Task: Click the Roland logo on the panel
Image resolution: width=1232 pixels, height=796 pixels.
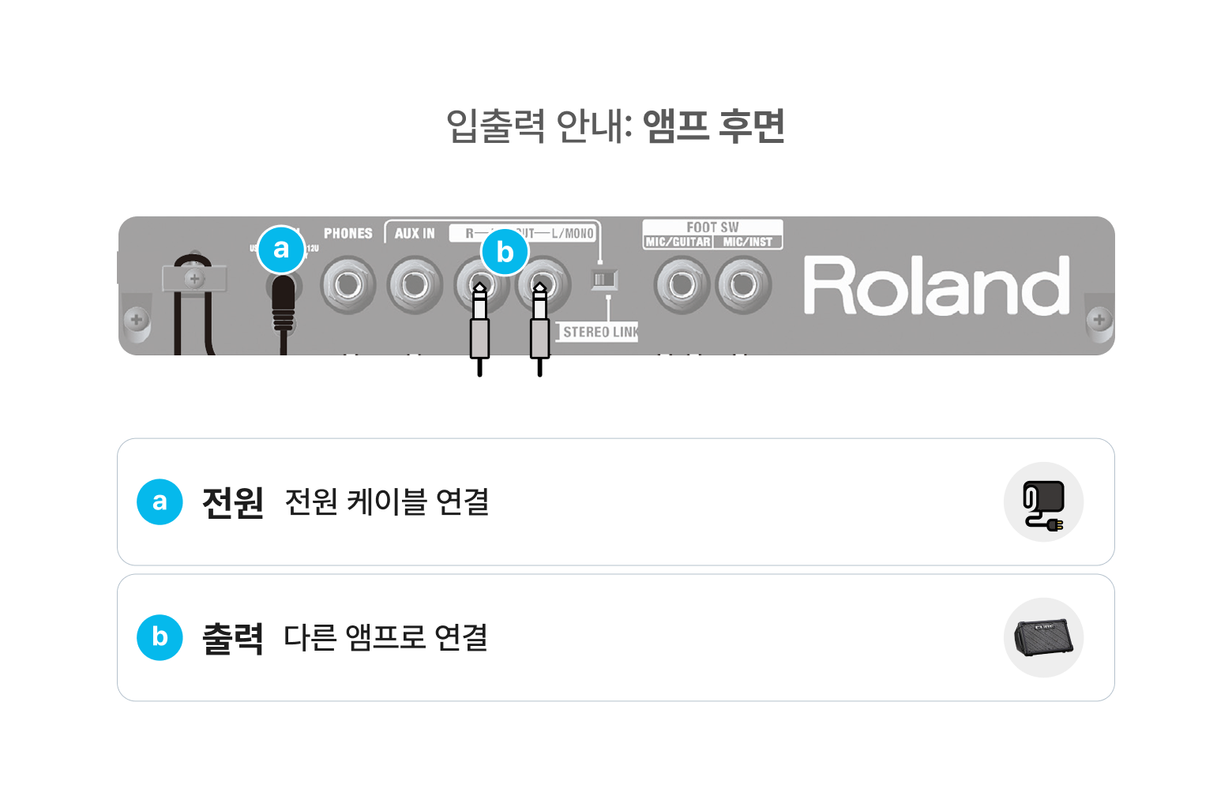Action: [937, 286]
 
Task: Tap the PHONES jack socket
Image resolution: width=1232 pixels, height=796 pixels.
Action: [347, 284]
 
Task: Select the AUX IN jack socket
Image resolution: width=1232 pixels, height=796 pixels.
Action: [415, 284]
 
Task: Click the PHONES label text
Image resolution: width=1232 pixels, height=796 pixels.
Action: [347, 234]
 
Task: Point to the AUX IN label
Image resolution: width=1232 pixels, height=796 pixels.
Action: [415, 234]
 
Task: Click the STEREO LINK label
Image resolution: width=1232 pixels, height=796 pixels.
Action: [599, 332]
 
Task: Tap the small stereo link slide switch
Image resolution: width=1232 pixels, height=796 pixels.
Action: [604, 279]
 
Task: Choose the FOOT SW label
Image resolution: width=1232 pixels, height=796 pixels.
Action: [712, 227]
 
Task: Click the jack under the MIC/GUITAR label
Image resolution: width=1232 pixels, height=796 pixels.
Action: [682, 284]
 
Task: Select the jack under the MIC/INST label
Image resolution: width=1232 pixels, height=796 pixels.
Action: [743, 284]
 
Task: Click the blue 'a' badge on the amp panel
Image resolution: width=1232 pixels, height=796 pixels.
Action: [281, 249]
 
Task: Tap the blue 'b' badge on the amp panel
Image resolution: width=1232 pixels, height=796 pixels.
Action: [505, 252]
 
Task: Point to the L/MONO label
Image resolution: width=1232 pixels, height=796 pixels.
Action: [573, 234]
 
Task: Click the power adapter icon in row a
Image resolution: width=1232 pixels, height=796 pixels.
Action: [1043, 503]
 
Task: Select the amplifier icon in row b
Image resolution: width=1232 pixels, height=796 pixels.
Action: [1043, 638]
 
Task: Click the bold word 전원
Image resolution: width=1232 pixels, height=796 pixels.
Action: [233, 502]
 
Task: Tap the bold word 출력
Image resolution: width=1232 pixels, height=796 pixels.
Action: [233, 638]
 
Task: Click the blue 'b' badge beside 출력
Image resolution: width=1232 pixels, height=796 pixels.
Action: [160, 637]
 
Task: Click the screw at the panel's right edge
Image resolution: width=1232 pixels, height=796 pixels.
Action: [1099, 320]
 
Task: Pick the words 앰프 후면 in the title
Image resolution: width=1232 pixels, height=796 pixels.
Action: [714, 126]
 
